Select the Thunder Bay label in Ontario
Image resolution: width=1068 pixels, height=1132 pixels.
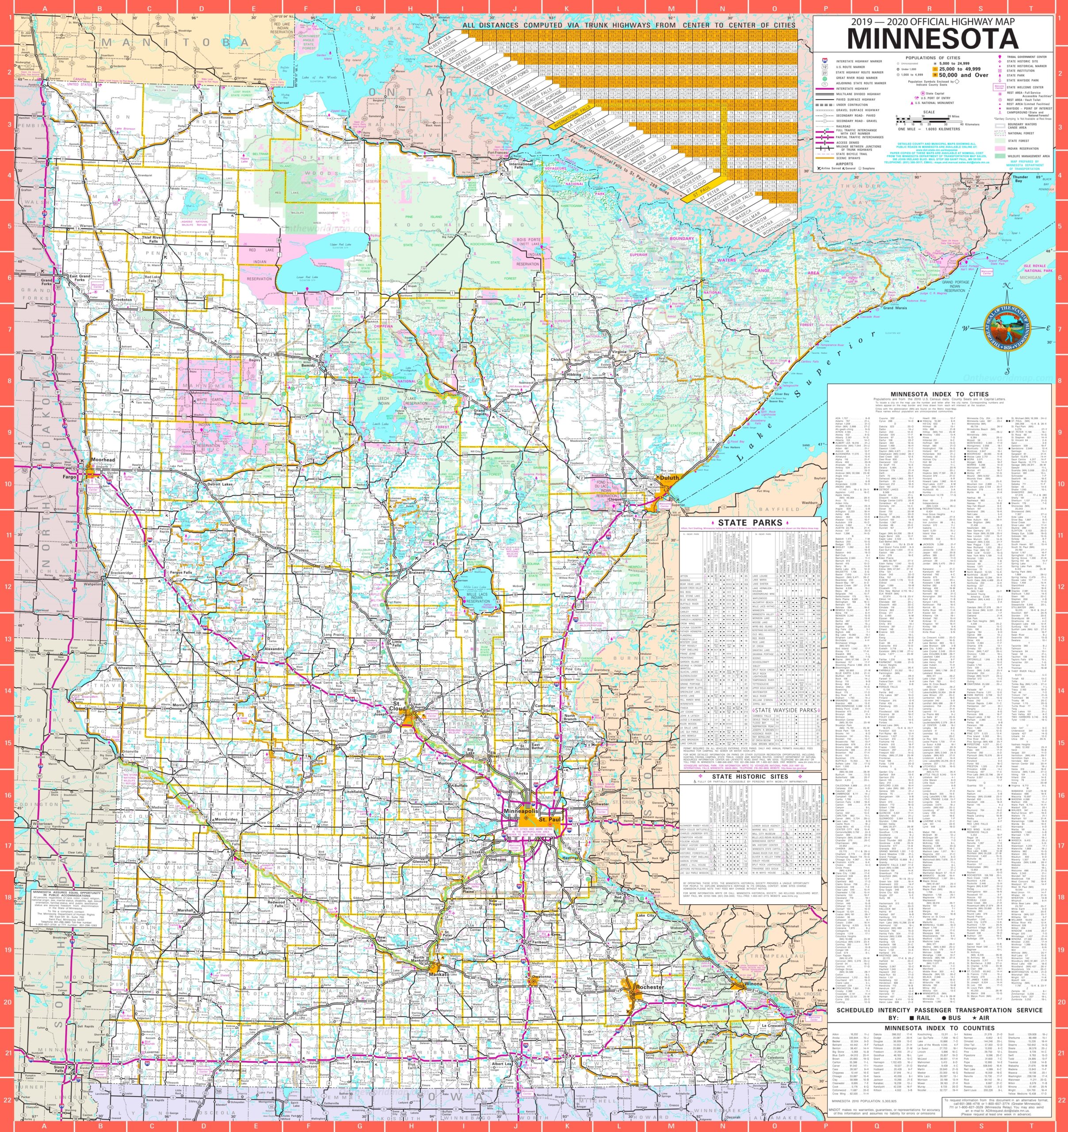pyautogui.click(x=1020, y=178)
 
